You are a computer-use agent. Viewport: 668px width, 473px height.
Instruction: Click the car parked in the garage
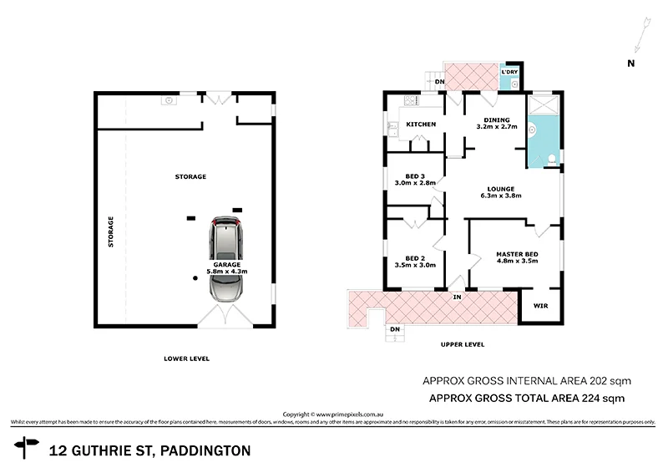tap(227, 260)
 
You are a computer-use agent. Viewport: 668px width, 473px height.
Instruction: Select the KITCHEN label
tap(421, 125)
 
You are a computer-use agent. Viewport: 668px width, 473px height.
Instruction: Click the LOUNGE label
tap(501, 189)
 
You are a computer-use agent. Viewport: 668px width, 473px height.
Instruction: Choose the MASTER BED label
tap(516, 254)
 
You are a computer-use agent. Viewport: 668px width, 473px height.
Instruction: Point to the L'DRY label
tap(509, 73)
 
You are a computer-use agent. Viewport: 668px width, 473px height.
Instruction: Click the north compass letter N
tap(631, 63)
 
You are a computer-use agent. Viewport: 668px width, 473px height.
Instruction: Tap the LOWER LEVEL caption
tap(186, 359)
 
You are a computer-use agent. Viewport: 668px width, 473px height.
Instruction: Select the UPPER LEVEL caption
tap(463, 344)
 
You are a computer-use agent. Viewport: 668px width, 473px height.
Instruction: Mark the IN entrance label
tap(457, 297)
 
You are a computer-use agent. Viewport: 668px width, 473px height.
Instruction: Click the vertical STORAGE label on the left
tap(110, 231)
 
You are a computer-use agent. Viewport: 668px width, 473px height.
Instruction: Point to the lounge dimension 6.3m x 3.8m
tap(501, 196)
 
